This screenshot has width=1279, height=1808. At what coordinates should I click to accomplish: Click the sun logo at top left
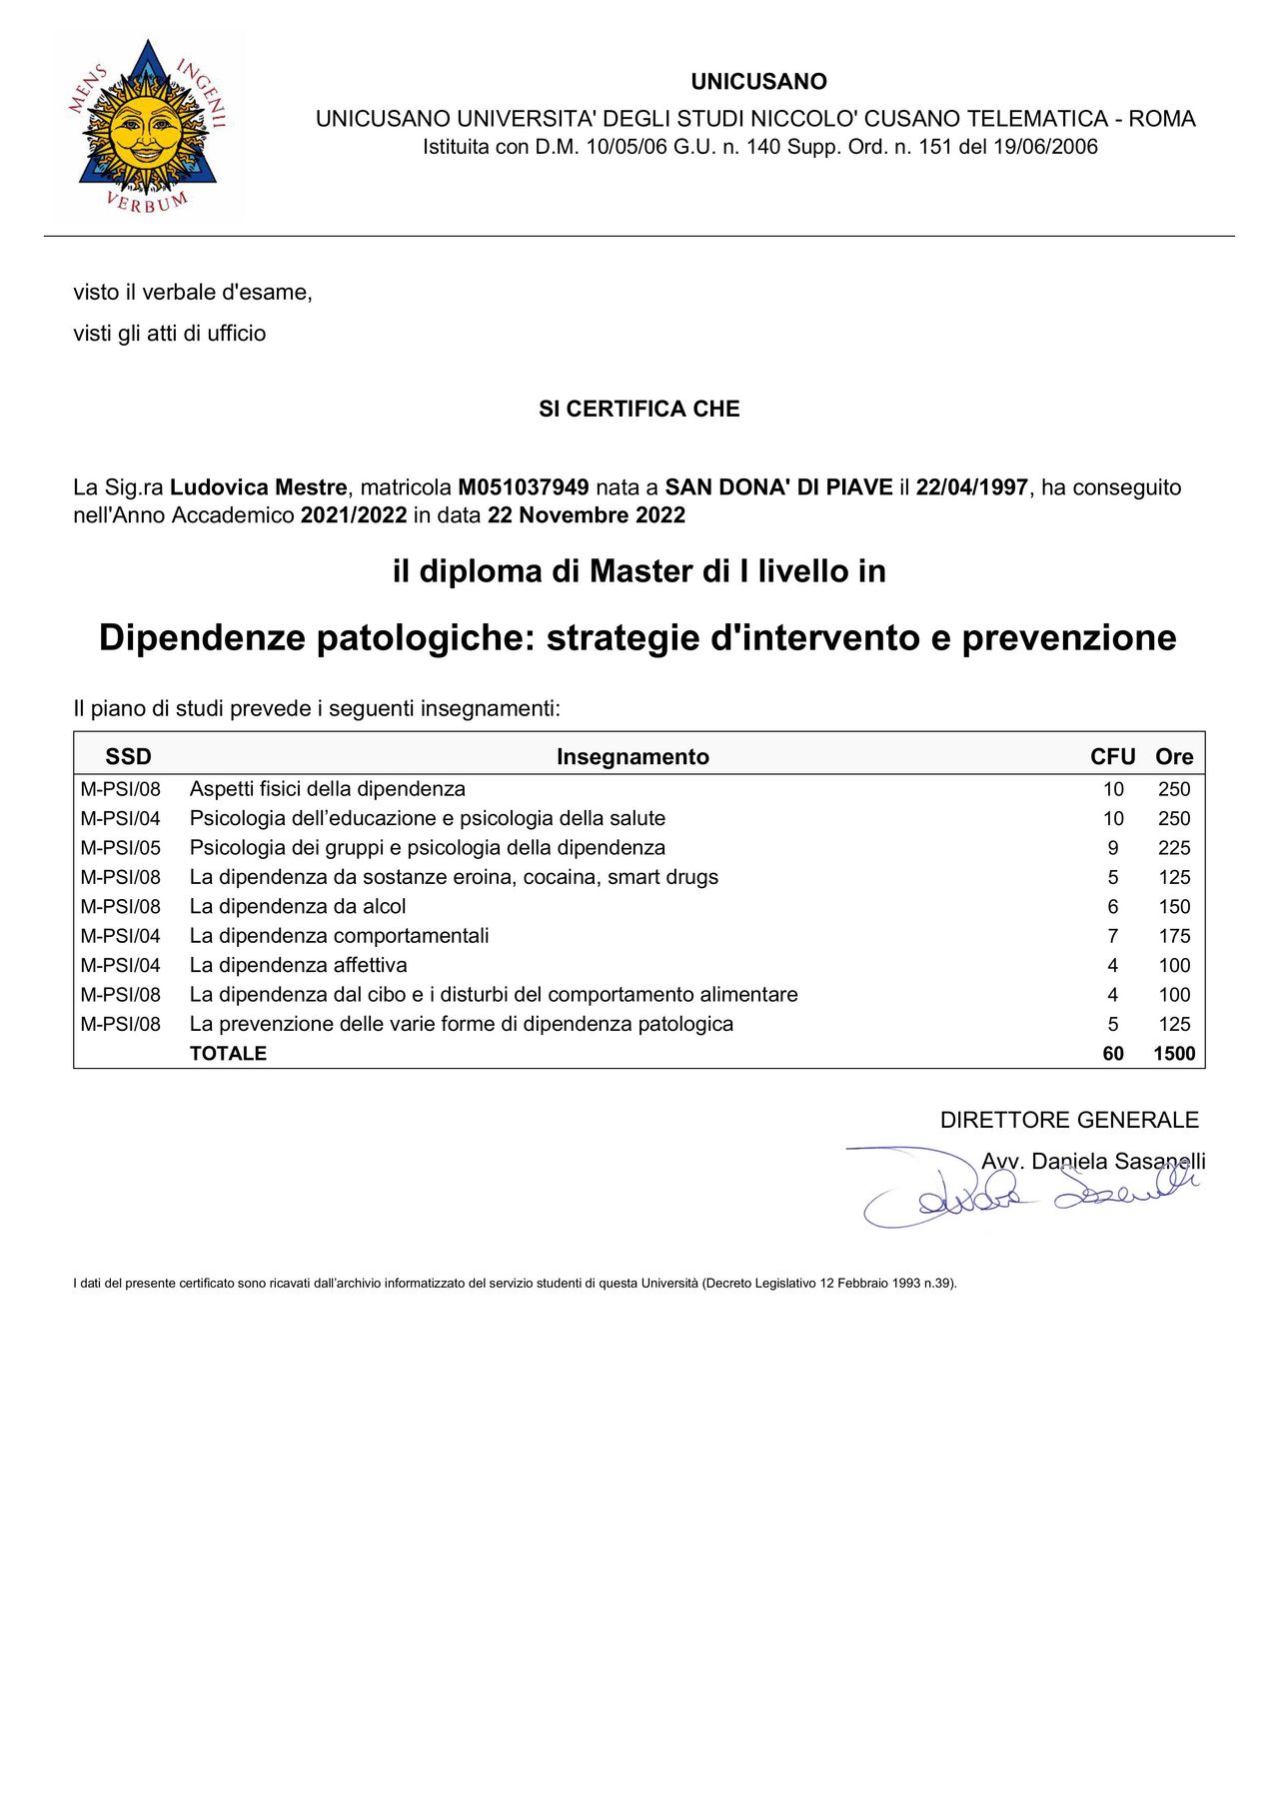click(x=147, y=126)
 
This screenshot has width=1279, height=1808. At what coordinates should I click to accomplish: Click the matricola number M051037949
click(x=523, y=487)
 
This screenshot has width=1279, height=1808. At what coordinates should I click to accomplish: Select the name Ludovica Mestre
click(x=259, y=487)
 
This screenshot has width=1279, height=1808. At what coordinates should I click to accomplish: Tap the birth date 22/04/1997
click(x=971, y=487)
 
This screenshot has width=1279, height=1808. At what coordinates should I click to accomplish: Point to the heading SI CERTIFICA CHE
click(x=639, y=409)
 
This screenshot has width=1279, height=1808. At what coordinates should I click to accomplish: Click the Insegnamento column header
click(x=633, y=757)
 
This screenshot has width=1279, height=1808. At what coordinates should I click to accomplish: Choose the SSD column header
click(x=128, y=757)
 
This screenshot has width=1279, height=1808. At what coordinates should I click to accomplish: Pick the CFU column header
click(x=1112, y=757)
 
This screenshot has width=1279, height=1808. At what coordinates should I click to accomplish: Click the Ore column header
click(x=1174, y=757)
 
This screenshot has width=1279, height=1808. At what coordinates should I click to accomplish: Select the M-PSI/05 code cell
click(x=120, y=848)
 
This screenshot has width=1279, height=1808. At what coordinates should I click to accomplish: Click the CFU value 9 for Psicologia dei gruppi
click(x=1113, y=848)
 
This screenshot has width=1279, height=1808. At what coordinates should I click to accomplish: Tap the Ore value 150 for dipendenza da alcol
click(x=1174, y=907)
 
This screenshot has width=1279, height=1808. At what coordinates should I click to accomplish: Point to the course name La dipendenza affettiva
click(x=298, y=965)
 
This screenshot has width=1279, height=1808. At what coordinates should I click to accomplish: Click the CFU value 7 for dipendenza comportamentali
click(x=1113, y=936)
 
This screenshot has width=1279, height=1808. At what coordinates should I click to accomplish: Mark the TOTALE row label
click(x=228, y=1054)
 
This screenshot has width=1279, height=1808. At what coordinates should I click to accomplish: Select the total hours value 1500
click(x=1174, y=1054)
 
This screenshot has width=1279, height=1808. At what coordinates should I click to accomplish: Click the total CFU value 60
click(x=1113, y=1054)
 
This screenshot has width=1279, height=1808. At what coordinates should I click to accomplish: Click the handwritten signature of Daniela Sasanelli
click(x=1029, y=1191)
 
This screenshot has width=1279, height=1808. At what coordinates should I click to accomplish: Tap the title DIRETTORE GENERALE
click(x=1069, y=1120)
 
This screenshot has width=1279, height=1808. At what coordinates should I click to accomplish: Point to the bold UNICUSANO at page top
click(x=758, y=82)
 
